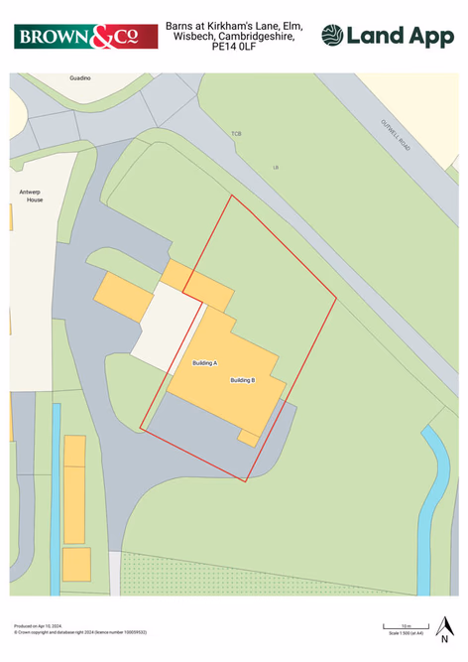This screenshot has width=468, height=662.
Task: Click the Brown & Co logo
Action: (x=86, y=37)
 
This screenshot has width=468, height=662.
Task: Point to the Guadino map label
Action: (x=80, y=76)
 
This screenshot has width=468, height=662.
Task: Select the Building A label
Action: (x=204, y=364)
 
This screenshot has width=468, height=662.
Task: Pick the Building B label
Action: (x=243, y=380)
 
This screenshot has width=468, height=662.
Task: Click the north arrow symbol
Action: (x=445, y=627)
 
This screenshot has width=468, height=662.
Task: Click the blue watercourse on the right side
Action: (x=428, y=506)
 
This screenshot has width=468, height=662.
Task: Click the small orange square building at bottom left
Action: (x=76, y=564)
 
